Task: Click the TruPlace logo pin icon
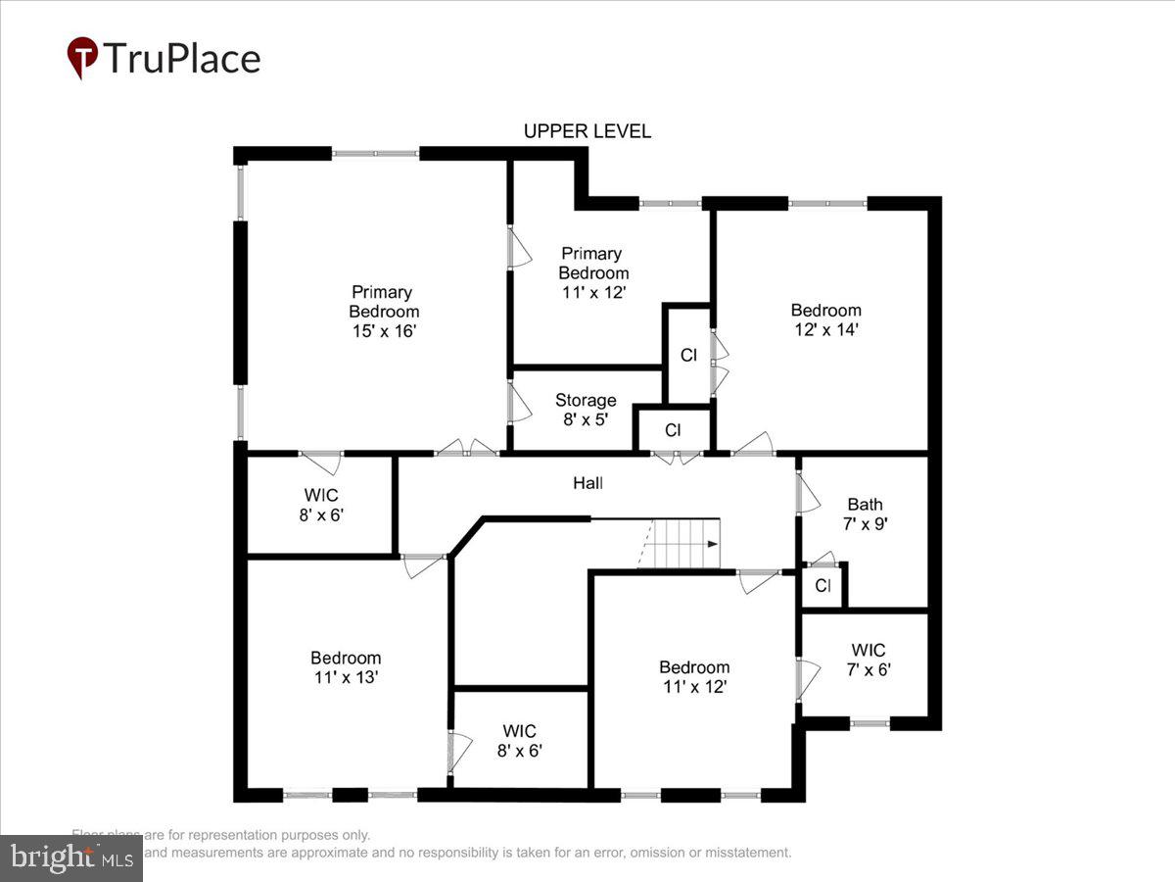pyautogui.click(x=82, y=58)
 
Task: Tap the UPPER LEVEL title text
pyautogui.click(x=587, y=131)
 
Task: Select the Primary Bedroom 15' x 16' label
pyautogui.click(x=382, y=312)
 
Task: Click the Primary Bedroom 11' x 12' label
pyautogui.click(x=592, y=272)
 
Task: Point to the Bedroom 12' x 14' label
pyautogui.click(x=825, y=320)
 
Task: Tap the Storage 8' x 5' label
pyautogui.click(x=586, y=410)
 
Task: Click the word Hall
pyautogui.click(x=587, y=483)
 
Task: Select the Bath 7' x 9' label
pyautogui.click(x=865, y=514)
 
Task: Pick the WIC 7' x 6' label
pyautogui.click(x=868, y=660)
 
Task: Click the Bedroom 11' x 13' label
pyautogui.click(x=345, y=667)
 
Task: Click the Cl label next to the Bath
pyautogui.click(x=822, y=587)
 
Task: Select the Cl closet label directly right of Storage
pyautogui.click(x=673, y=430)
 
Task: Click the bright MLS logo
pyautogui.click(x=70, y=857)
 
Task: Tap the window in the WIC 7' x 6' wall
pyautogui.click(x=869, y=723)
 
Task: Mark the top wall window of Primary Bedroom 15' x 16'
pyautogui.click(x=375, y=154)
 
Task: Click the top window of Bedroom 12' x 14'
pyautogui.click(x=827, y=204)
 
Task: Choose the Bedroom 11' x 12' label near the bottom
pyautogui.click(x=693, y=677)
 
